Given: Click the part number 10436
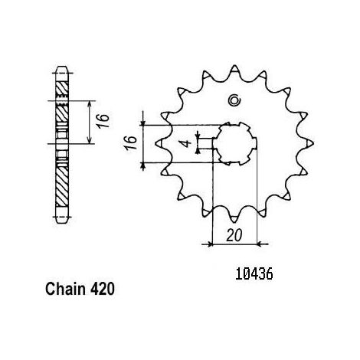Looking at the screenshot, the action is pos(254,274).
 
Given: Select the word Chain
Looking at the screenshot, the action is pos(65,289).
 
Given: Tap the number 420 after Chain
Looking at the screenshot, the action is pos(103,289).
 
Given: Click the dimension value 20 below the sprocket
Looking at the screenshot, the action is pos(234,235).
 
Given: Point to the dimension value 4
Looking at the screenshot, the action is pos(187,143).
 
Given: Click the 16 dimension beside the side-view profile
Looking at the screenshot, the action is pos(103,120).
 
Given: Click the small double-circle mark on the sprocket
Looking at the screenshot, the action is pos(234,100).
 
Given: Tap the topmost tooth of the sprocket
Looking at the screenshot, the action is pos(234,70).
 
